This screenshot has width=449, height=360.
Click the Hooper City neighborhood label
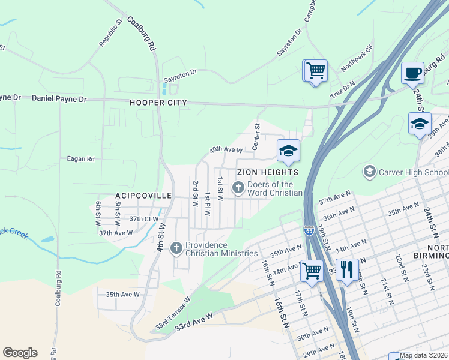pyautogui.click(x=158, y=103)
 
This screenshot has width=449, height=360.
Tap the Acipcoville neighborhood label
pyautogui.click(x=143, y=196)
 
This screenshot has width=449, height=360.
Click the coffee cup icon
pyautogui.click(x=412, y=73)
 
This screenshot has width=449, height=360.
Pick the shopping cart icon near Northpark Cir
pyautogui.click(x=315, y=71)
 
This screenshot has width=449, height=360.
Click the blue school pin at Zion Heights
pyautogui.click(x=288, y=151)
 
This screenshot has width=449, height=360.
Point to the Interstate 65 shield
pyautogui.click(x=309, y=230)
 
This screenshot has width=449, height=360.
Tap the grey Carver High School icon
pyautogui.click(x=370, y=172)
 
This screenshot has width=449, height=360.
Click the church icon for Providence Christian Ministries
pyautogui.click(x=176, y=247)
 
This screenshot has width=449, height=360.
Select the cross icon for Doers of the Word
pyautogui.click(x=238, y=189)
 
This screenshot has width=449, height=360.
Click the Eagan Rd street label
pyautogui.click(x=81, y=159)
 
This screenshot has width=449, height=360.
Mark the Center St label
pyautogui.click(x=256, y=137)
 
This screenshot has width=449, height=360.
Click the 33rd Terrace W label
pyautogui.click(x=173, y=314)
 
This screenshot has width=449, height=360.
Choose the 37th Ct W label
pyautogui.click(x=145, y=219)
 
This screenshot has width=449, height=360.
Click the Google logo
pyautogui.click(x=20, y=353)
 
